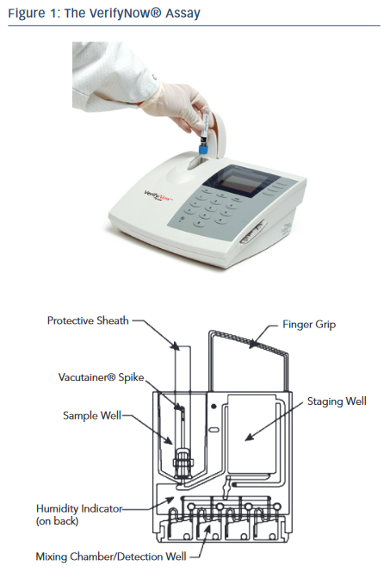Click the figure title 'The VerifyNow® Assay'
tap(133, 13)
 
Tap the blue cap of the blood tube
tap(203, 149)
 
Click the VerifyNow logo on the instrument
tap(158, 196)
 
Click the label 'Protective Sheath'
tap(88, 320)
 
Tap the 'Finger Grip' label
tap(309, 325)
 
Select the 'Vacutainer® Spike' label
tap(101, 377)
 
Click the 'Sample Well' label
tap(92, 415)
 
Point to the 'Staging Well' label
tap(337, 401)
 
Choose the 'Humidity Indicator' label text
tap(79, 509)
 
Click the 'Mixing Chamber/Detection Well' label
tap(111, 556)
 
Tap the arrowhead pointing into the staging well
tap(250, 438)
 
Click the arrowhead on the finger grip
tap(253, 345)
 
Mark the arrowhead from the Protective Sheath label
tap(176, 346)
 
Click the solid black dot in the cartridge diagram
tap(214, 407)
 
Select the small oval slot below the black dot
tap(214, 430)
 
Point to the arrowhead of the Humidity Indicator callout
tap(170, 500)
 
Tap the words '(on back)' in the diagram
tap(57, 521)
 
